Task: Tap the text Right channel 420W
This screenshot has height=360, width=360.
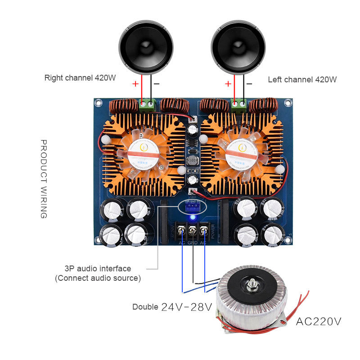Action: (80, 77)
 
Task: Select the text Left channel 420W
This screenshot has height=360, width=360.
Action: (302, 80)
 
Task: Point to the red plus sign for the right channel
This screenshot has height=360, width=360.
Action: (135, 84)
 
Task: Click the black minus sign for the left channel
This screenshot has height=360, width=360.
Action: (249, 83)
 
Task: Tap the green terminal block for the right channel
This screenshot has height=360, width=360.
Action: (148, 104)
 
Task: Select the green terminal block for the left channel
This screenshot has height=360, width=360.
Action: (238, 104)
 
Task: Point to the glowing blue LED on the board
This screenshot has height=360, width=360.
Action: (193, 218)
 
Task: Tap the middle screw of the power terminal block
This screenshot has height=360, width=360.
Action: (193, 230)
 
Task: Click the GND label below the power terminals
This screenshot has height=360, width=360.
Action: (193, 243)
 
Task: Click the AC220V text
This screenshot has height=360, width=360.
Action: (319, 322)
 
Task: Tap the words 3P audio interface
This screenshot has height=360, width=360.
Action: (98, 269)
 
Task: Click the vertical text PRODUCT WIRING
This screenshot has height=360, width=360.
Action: (44, 179)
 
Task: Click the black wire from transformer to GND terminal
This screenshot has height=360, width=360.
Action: (193, 261)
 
